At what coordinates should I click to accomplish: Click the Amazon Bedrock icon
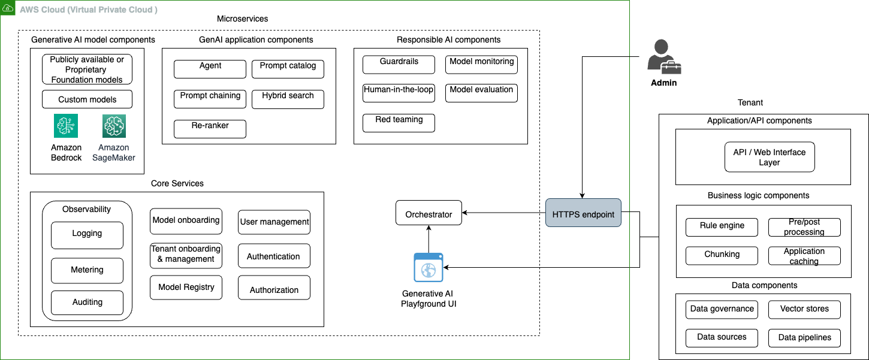coord(66,126)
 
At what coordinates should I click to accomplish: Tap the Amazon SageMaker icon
coord(114,126)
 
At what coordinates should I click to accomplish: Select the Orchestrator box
coord(429,213)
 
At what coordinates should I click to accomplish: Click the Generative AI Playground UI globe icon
coord(429,267)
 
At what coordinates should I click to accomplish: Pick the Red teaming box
coord(399,123)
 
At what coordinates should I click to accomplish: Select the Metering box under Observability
coord(87,271)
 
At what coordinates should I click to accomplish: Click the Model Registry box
coord(186,288)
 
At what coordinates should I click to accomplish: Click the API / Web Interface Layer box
coord(769,157)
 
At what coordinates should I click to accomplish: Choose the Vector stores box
coord(804,310)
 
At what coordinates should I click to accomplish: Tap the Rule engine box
coord(722,227)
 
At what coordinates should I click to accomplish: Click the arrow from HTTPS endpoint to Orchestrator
coord(503,213)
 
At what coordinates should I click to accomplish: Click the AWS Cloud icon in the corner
coord(8,9)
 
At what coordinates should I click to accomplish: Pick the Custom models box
coord(87,99)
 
